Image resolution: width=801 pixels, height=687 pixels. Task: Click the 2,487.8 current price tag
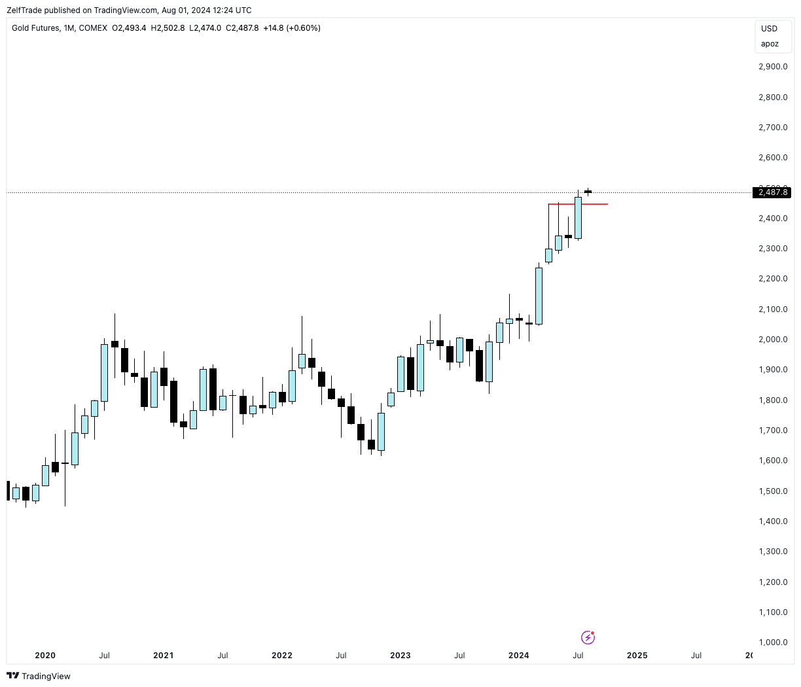point(773,192)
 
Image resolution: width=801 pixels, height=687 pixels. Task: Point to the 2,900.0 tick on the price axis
point(773,67)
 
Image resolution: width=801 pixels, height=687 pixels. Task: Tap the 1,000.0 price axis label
point(773,643)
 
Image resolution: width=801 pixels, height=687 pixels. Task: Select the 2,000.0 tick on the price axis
point(773,340)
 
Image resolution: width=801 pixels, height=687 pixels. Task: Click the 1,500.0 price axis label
point(773,491)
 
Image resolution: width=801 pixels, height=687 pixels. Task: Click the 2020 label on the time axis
point(45,656)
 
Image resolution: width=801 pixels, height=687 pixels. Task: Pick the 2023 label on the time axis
point(400,656)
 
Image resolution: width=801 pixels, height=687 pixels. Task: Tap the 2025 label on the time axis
point(637,656)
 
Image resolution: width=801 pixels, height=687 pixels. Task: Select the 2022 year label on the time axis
point(282,656)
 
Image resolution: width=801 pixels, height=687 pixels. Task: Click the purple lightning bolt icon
point(588,637)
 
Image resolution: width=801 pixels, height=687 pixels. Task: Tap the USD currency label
point(770,29)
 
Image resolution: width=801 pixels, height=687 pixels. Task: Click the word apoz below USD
point(770,44)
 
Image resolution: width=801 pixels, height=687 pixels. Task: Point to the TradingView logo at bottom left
point(39,676)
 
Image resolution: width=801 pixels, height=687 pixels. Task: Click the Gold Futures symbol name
point(35,28)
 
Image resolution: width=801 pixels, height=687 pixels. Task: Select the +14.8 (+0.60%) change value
point(292,28)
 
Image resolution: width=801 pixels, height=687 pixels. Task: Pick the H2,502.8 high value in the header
point(168,28)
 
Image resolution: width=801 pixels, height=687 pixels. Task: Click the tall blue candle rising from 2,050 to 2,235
point(539,296)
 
